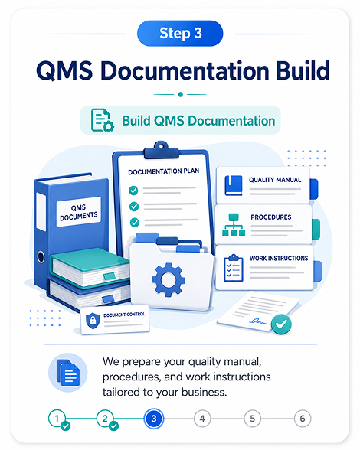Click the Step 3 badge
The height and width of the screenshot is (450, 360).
180,34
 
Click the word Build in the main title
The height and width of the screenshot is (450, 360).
303,70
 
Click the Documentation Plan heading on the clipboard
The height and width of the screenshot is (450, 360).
163,171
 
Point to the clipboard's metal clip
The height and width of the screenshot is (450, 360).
161,150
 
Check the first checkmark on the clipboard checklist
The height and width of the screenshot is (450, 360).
133,191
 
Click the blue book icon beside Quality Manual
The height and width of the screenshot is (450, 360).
234,185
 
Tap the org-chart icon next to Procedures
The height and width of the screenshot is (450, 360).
234,225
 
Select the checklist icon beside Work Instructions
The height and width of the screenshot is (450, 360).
234,268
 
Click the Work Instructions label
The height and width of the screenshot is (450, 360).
279,259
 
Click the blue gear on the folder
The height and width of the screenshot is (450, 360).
169,279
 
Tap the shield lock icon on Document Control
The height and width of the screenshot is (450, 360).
93,320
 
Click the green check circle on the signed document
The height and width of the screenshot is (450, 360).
281,324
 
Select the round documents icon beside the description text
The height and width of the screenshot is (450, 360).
68,373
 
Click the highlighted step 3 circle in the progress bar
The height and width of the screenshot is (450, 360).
154,419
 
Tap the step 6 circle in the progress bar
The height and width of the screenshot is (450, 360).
303,419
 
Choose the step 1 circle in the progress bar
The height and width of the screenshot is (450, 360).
57,419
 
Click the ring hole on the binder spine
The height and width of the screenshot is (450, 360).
41,257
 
